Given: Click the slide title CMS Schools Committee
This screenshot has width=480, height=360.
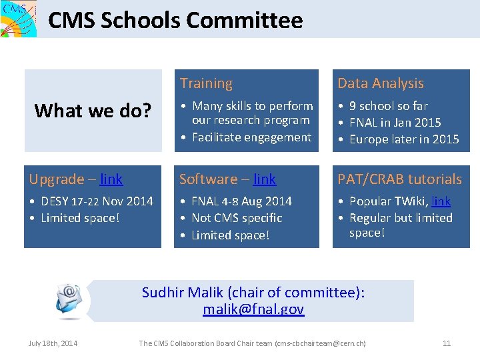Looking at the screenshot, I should click(x=175, y=21).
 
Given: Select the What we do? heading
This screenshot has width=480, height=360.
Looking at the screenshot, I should click(x=92, y=111).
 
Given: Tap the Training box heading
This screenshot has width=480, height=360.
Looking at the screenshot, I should click(x=206, y=83).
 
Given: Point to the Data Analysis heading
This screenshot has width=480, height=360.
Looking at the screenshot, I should click(x=380, y=83).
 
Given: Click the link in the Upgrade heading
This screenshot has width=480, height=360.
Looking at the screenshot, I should click(x=111, y=179).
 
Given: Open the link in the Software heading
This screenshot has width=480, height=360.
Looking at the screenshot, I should click(x=265, y=179).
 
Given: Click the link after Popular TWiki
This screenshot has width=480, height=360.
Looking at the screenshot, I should click(x=441, y=201).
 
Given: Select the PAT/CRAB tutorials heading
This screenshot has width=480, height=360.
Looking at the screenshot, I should click(x=399, y=179).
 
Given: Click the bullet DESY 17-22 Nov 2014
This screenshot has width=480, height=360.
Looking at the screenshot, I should click(x=97, y=201).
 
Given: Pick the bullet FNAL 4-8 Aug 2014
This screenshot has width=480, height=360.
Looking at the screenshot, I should click(x=241, y=201).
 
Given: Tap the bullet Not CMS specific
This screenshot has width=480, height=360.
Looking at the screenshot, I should click(x=237, y=218).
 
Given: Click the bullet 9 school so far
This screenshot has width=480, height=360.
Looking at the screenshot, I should click(x=388, y=106).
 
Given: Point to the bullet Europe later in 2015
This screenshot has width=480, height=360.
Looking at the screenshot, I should click(x=404, y=139).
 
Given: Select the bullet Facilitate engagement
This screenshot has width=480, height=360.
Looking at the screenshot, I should click(x=251, y=137).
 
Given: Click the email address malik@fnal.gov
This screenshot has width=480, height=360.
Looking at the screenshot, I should click(x=253, y=309).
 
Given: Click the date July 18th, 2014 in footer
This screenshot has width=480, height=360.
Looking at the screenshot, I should click(x=53, y=343).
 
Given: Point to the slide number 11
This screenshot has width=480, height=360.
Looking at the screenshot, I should click(x=447, y=343).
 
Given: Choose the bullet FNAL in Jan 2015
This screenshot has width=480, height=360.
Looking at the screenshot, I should click(x=395, y=123).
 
